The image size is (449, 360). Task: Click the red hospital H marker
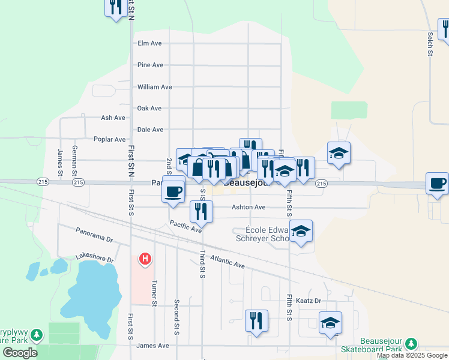click(145, 259)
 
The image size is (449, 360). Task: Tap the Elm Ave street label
click(150, 43)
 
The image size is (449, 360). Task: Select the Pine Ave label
click(150, 65)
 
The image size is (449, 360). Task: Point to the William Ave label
click(154, 87)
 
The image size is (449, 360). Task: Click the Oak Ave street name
click(149, 109)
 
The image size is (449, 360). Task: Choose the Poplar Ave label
click(110, 139)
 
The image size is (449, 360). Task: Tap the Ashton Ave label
click(249, 207)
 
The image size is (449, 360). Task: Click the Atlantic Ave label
click(228, 261)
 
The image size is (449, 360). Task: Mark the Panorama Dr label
click(94, 235)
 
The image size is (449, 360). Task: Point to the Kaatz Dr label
click(309, 301)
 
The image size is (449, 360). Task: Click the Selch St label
click(430, 45)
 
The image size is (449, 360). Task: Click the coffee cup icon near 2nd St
click(173, 191)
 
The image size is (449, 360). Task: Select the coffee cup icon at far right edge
click(438, 183)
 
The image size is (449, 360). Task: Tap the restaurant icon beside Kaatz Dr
click(256, 320)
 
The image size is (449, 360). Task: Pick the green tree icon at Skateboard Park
click(411, 344)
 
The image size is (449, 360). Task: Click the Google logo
click(20, 353)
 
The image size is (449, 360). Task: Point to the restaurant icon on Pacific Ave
click(201, 211)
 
